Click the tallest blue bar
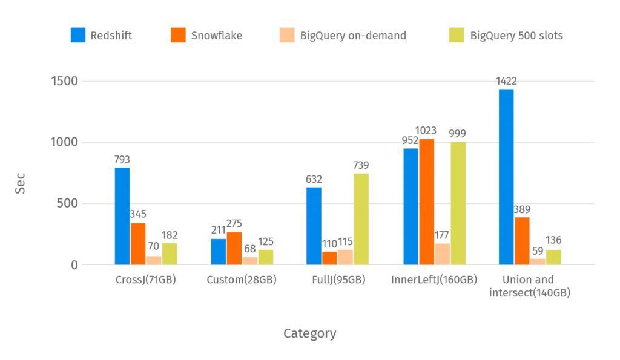click(x=506, y=176)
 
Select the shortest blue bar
click(x=218, y=251)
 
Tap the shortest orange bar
click(x=330, y=257)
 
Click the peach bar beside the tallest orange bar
click(x=443, y=253)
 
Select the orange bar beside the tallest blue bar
click(x=522, y=240)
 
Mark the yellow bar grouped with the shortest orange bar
click(x=361, y=218)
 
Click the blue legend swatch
click(x=78, y=35)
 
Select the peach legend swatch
click(x=285, y=35)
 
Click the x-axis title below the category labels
click(x=309, y=333)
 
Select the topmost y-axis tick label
click(x=64, y=80)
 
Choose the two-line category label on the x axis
click(x=530, y=286)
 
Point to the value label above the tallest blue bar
click(x=506, y=79)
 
